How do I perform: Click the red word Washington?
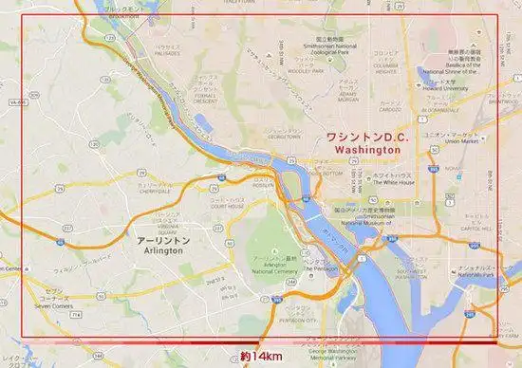364,150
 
